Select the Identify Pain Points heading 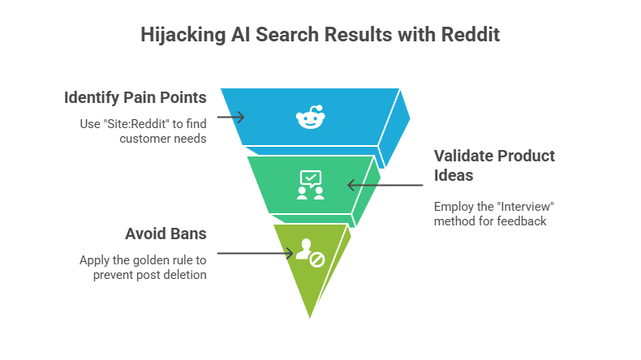pos(135,98)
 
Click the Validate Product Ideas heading pos(493,164)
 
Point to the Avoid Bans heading pos(166,234)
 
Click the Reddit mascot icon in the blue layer pos(308,118)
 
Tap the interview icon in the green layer pos(311,185)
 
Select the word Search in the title pos(288,35)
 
